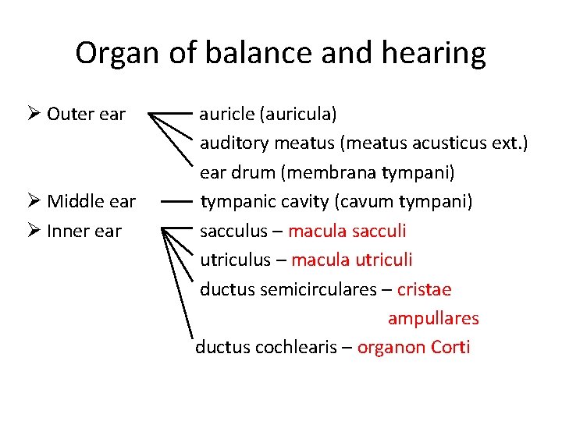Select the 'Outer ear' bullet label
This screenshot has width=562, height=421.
tap(86, 115)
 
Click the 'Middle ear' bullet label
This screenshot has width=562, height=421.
tap(91, 202)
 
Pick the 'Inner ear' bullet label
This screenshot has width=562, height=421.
tap(84, 232)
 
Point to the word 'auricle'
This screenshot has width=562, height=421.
tap(226, 115)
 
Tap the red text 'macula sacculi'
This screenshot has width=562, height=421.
tap(347, 231)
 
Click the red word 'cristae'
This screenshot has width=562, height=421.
tap(425, 289)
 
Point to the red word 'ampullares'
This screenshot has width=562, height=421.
tap(433, 318)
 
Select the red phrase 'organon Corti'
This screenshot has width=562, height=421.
tap(414, 347)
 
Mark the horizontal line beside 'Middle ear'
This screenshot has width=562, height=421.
tap(177, 202)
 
